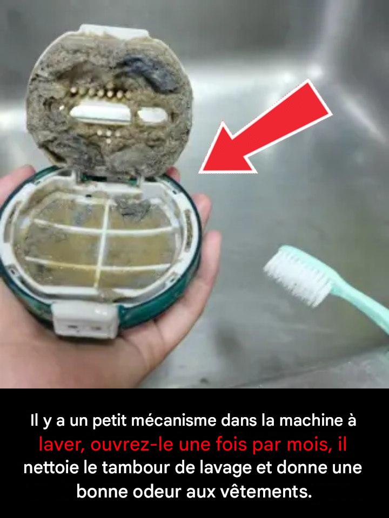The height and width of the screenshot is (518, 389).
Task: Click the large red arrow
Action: click(265, 127)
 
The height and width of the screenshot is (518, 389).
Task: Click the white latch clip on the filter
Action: click(85, 320)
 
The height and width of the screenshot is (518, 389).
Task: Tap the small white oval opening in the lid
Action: click(152, 115)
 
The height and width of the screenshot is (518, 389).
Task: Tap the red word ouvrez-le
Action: click(132, 444)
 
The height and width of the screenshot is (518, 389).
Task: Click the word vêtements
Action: click(266, 492)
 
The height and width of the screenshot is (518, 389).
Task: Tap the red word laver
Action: click(60, 444)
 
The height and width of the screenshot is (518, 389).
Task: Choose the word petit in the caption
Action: click(110, 421)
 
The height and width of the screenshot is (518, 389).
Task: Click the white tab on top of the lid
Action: click(114, 31)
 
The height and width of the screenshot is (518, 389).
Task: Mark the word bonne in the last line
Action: click(103, 492)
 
